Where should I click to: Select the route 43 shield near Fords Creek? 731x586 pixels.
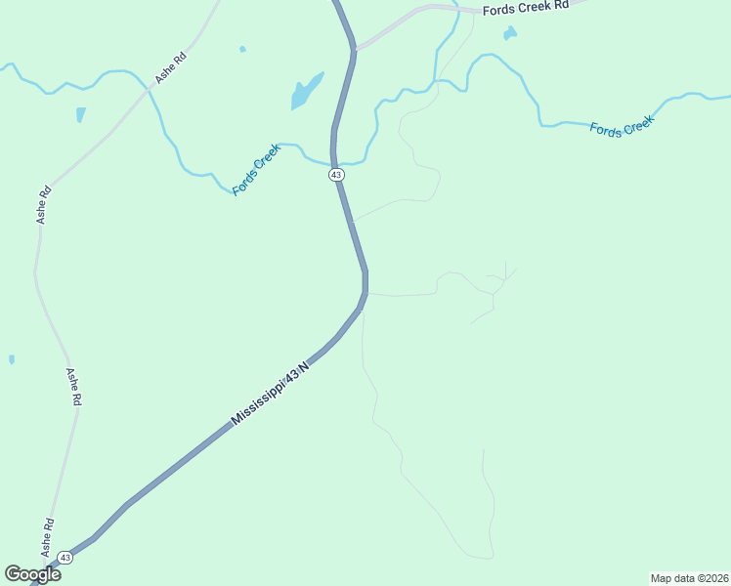click(x=336, y=174)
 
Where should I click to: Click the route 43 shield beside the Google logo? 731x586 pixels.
click(x=64, y=557)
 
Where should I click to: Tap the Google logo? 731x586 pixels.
click(x=32, y=573)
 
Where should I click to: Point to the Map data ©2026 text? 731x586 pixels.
click(x=689, y=578)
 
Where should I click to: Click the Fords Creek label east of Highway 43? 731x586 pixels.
click(x=621, y=125)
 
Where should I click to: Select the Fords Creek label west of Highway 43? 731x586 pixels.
click(x=256, y=168)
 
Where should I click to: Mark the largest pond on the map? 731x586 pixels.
click(x=305, y=92)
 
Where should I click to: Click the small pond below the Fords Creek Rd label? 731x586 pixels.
click(x=509, y=34)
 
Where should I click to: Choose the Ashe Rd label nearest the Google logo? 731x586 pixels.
click(x=47, y=537)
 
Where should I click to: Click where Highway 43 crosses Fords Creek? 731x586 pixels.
click(x=334, y=162)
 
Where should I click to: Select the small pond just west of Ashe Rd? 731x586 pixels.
click(x=80, y=114)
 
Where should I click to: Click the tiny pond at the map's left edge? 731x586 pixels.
click(x=12, y=359)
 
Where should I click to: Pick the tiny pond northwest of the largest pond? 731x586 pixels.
click(x=242, y=49)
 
